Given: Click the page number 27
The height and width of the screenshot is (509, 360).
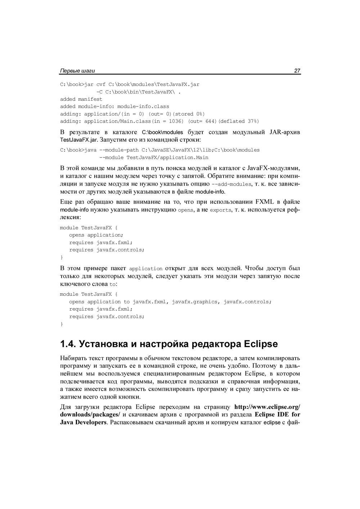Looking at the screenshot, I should click(297, 71).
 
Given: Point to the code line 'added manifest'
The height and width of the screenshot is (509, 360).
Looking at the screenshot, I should click(81, 99).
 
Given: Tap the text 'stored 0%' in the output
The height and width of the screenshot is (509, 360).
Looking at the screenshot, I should click(190, 114).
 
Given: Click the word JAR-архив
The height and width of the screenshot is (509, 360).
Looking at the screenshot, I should click(285, 132).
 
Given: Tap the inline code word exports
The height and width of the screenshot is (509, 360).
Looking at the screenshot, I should click(221, 210).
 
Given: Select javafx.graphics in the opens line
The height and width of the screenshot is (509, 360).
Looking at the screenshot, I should click(194, 301).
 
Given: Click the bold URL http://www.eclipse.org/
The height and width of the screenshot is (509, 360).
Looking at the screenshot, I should click(267, 407).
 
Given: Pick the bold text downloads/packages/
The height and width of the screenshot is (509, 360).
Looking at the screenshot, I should click(90, 414).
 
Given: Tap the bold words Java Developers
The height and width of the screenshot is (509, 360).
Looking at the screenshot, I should click(83, 422).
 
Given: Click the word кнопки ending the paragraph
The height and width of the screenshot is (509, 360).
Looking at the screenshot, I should click(129, 397).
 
